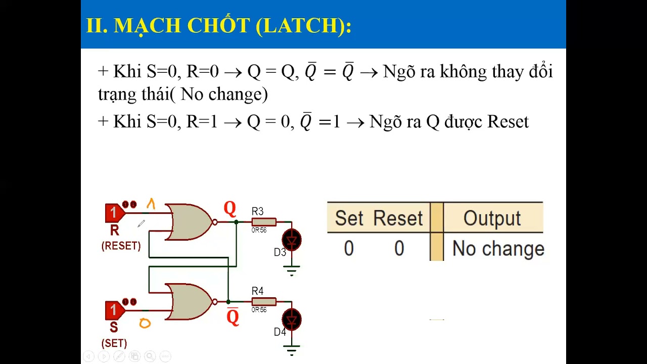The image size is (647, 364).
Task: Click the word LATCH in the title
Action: [x=300, y=25]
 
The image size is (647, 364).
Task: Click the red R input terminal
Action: [x=114, y=213]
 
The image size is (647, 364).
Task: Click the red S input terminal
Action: [x=114, y=310]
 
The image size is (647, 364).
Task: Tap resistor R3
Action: [x=263, y=221]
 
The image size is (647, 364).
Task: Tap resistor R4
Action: [x=263, y=301]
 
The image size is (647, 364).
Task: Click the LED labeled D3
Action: [x=291, y=240]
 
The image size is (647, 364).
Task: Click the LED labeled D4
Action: [x=291, y=320]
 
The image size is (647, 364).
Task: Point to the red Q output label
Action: [x=229, y=208]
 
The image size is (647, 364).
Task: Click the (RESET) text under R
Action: [x=121, y=246]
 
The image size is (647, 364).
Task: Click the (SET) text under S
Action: [x=114, y=343]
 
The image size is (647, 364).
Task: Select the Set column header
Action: [x=349, y=218]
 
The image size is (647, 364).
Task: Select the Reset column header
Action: [x=398, y=218]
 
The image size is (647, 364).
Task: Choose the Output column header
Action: [x=491, y=218]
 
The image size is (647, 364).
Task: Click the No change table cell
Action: [x=498, y=249]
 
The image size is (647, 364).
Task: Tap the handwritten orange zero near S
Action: [x=145, y=324]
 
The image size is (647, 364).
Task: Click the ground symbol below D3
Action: [x=291, y=270]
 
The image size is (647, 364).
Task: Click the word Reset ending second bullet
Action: [x=507, y=122]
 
